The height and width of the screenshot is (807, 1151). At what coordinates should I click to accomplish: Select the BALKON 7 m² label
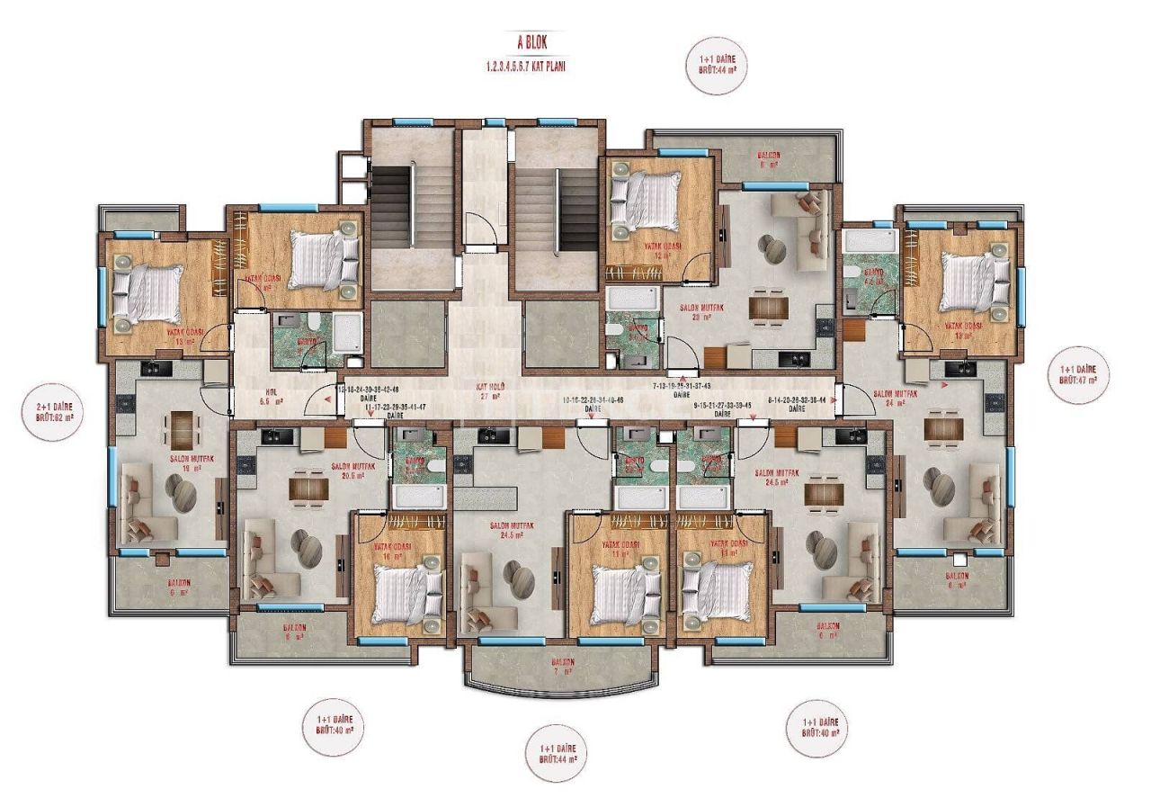(565, 667)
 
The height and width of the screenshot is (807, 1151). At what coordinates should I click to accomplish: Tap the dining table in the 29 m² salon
(768, 307)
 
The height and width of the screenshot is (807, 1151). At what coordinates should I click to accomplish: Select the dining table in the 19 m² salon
(183, 429)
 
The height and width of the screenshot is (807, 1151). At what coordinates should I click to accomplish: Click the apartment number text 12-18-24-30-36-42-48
(366, 390)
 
